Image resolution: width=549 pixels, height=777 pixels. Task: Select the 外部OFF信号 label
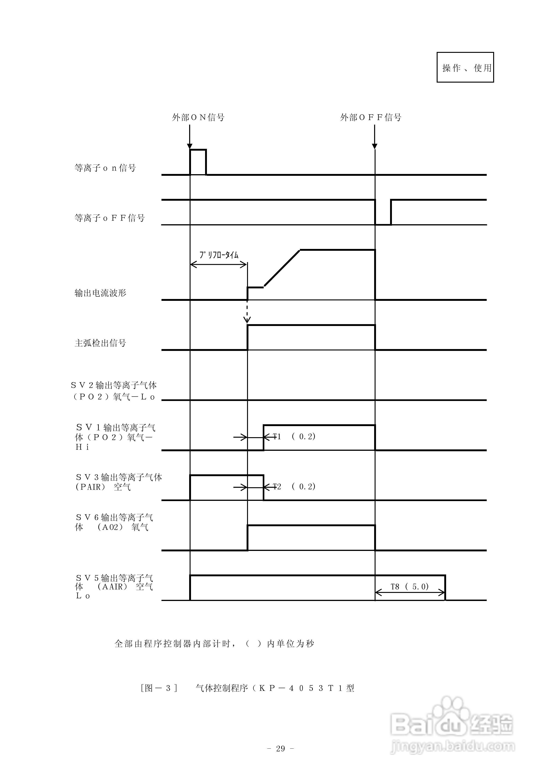point(371,117)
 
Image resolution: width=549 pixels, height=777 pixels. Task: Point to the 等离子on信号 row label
point(105,168)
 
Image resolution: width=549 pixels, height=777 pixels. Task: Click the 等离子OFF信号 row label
point(110,218)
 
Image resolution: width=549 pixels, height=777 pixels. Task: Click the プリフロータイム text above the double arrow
point(219,255)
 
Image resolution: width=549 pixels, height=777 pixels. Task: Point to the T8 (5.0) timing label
point(409,586)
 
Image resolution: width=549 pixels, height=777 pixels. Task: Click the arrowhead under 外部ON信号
point(190,146)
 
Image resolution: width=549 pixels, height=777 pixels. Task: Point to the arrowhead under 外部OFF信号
point(374,146)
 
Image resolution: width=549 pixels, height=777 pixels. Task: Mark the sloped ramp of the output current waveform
point(282,268)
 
